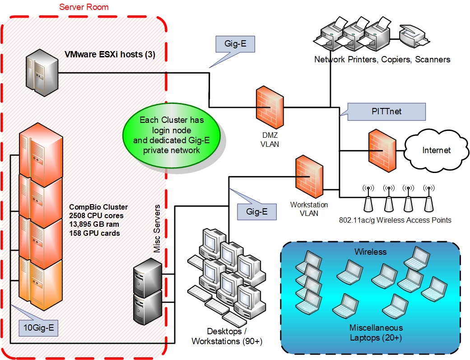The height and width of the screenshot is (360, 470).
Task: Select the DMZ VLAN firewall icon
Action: click(270, 107)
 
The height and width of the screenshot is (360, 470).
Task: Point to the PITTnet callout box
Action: click(386, 112)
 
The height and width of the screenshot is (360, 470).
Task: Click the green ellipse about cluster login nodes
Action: click(171, 134)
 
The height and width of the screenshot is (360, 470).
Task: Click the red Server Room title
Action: click(84, 7)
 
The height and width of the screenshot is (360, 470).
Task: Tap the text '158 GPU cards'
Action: click(94, 233)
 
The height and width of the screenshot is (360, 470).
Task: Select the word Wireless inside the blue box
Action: click(370, 251)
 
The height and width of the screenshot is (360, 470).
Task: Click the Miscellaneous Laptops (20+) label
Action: click(376, 332)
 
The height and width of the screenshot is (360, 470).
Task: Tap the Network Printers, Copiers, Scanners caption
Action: click(382, 59)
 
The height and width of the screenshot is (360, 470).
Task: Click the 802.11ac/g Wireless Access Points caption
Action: click(395, 220)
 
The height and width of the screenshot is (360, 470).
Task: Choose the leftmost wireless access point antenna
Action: click(368, 199)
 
